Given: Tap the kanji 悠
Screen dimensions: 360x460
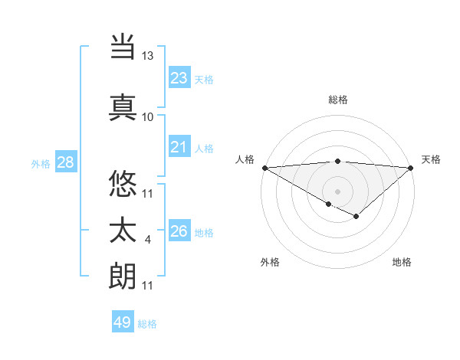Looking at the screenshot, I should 123,184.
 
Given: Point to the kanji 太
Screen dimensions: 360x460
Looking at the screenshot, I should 123,231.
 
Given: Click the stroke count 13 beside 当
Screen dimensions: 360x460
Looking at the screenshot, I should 148,56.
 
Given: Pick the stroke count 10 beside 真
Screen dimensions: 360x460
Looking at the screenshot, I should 148,116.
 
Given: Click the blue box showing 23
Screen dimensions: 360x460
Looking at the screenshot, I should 179,78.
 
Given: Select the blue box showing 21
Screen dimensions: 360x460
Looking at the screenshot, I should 179,148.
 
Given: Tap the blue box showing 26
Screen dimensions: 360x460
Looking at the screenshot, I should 179,231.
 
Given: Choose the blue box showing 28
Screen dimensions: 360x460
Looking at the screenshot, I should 65,162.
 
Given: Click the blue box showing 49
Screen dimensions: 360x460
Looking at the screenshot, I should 123,322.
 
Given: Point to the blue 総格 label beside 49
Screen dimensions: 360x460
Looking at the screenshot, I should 148,324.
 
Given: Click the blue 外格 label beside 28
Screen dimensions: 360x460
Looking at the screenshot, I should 41,163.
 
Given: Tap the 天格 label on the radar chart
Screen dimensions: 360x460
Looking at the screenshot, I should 431,159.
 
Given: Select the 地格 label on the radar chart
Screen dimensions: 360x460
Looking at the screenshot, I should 402,262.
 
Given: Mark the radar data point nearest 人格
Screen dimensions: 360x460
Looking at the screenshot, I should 264,168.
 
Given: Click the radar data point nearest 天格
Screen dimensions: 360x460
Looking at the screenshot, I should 411,168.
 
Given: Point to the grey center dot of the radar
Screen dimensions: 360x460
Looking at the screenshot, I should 337,191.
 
